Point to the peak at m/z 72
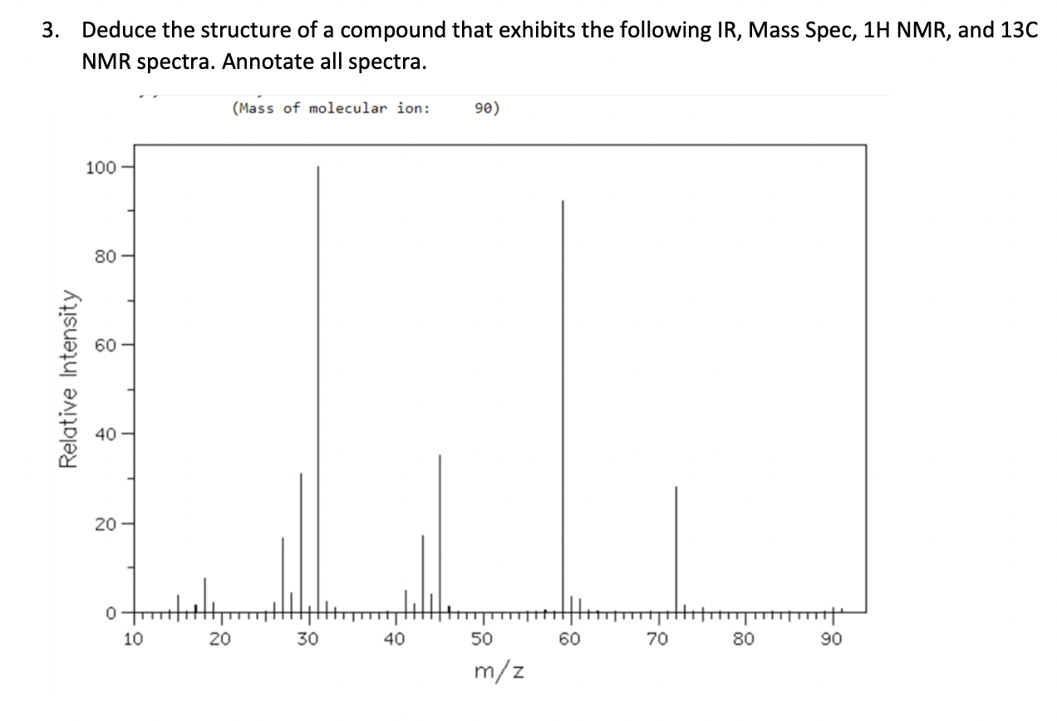click(x=676, y=548)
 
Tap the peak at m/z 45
click(x=440, y=532)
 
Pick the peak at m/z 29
click(x=301, y=540)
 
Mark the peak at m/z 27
click(x=283, y=573)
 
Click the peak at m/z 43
click(x=422, y=573)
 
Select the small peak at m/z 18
click(x=204, y=595)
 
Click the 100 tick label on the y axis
click(x=99, y=167)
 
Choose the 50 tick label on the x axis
click(x=483, y=640)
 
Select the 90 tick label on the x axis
click(x=832, y=640)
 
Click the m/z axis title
click(x=499, y=669)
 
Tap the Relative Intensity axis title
click(x=67, y=379)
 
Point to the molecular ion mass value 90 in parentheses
click(x=486, y=108)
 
